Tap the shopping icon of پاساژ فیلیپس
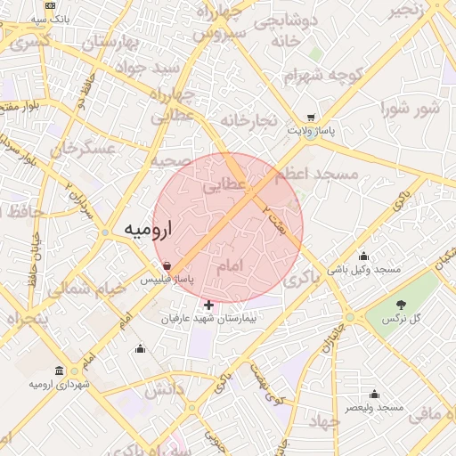point(167,265)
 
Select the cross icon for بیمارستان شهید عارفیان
point(209,305)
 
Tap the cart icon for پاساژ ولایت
point(310,118)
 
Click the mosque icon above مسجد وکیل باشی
point(363,256)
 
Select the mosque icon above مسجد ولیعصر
point(374,394)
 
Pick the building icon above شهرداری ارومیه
point(59,370)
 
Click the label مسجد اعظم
point(319,174)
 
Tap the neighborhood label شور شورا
point(411,109)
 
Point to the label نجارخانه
point(250,120)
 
